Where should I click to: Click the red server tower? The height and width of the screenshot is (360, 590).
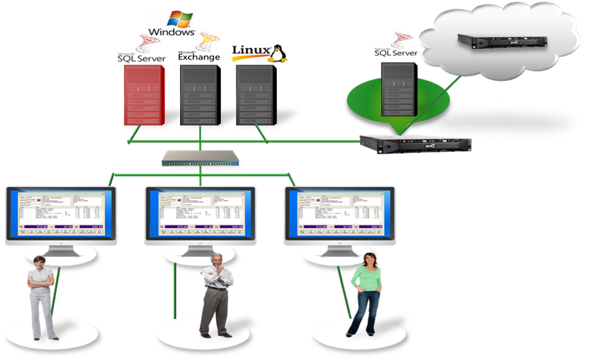coord(144,94)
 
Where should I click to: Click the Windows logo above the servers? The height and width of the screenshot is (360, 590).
coord(171,23)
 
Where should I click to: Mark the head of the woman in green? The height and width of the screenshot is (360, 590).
coord(368,259)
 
